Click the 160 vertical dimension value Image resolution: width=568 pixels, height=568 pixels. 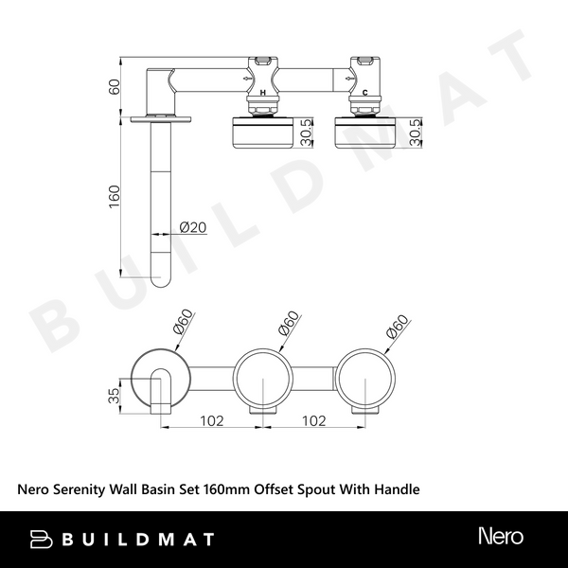click(x=114, y=195)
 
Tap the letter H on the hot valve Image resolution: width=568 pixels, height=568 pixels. click(x=262, y=95)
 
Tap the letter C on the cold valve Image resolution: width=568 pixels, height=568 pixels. click(x=365, y=95)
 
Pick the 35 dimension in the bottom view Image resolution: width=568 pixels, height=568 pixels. click(x=114, y=395)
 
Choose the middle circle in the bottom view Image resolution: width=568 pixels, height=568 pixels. click(x=262, y=379)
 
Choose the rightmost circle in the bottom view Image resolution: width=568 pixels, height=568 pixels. click(x=365, y=379)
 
